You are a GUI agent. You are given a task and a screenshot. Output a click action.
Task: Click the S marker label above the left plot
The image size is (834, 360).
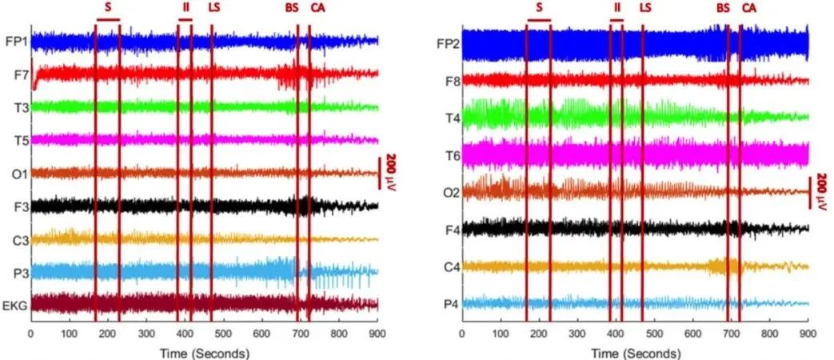click(107, 7)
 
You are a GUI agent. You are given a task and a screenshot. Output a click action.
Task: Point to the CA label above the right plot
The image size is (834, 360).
click(748, 8)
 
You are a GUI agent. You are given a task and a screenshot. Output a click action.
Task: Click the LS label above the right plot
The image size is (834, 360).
click(645, 8)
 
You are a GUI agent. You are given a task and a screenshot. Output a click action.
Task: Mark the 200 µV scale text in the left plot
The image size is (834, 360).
click(392, 173)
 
